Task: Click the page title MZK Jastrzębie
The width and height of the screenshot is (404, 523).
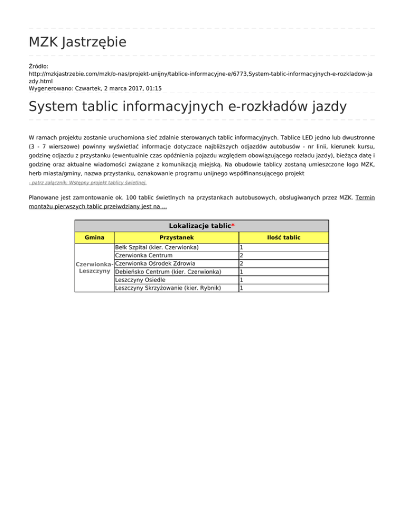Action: (77, 42)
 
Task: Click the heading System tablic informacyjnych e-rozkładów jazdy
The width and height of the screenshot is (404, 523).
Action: (188, 107)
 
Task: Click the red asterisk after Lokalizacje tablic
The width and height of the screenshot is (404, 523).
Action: (233, 226)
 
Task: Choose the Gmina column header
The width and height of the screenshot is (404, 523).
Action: (94, 237)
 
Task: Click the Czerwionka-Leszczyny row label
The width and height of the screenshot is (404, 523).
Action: (94, 267)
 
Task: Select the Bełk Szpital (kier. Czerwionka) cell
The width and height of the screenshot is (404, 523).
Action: (156, 247)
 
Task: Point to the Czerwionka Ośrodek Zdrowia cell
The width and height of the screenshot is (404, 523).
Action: (155, 263)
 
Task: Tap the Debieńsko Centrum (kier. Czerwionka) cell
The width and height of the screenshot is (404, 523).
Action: (168, 271)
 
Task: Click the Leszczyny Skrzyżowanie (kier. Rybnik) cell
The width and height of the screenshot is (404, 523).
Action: (167, 288)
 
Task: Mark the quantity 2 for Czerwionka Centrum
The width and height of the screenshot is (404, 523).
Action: (241, 255)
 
